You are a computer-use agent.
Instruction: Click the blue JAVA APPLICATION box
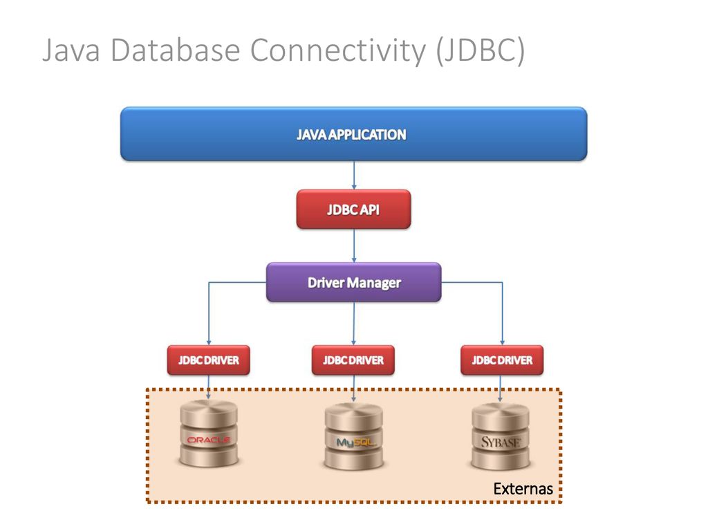click(x=353, y=134)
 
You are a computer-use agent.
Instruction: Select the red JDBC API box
click(x=353, y=209)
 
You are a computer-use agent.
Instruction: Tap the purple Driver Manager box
click(x=353, y=282)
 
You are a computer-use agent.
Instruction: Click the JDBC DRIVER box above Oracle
click(x=208, y=360)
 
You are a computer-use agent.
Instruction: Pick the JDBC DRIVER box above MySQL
click(x=353, y=360)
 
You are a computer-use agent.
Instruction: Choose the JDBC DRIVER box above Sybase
click(x=502, y=360)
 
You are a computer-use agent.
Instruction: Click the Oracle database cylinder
click(x=209, y=434)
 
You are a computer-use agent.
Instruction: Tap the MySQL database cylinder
click(x=353, y=436)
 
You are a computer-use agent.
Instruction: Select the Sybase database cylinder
click(x=501, y=436)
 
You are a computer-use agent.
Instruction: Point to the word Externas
click(x=523, y=489)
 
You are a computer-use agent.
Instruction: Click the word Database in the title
click(x=175, y=50)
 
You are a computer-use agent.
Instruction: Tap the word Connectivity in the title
click(x=338, y=51)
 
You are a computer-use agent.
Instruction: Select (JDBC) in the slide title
click(x=481, y=50)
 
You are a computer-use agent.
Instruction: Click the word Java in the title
click(x=71, y=50)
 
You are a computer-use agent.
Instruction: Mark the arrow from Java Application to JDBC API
click(x=354, y=175)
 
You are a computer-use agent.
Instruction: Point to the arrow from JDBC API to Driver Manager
click(x=354, y=245)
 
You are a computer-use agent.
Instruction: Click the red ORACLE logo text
click(x=209, y=439)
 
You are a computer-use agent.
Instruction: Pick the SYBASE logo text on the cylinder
click(x=501, y=442)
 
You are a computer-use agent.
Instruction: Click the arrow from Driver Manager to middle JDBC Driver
click(x=354, y=324)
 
